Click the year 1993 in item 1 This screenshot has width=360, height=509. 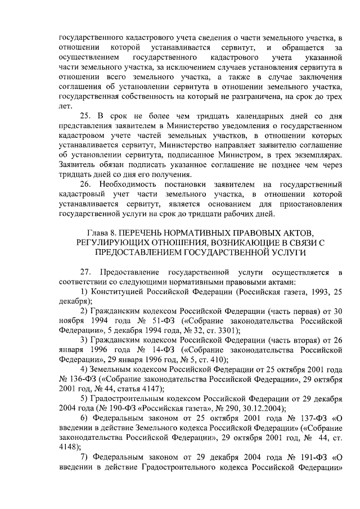point(318,292)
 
